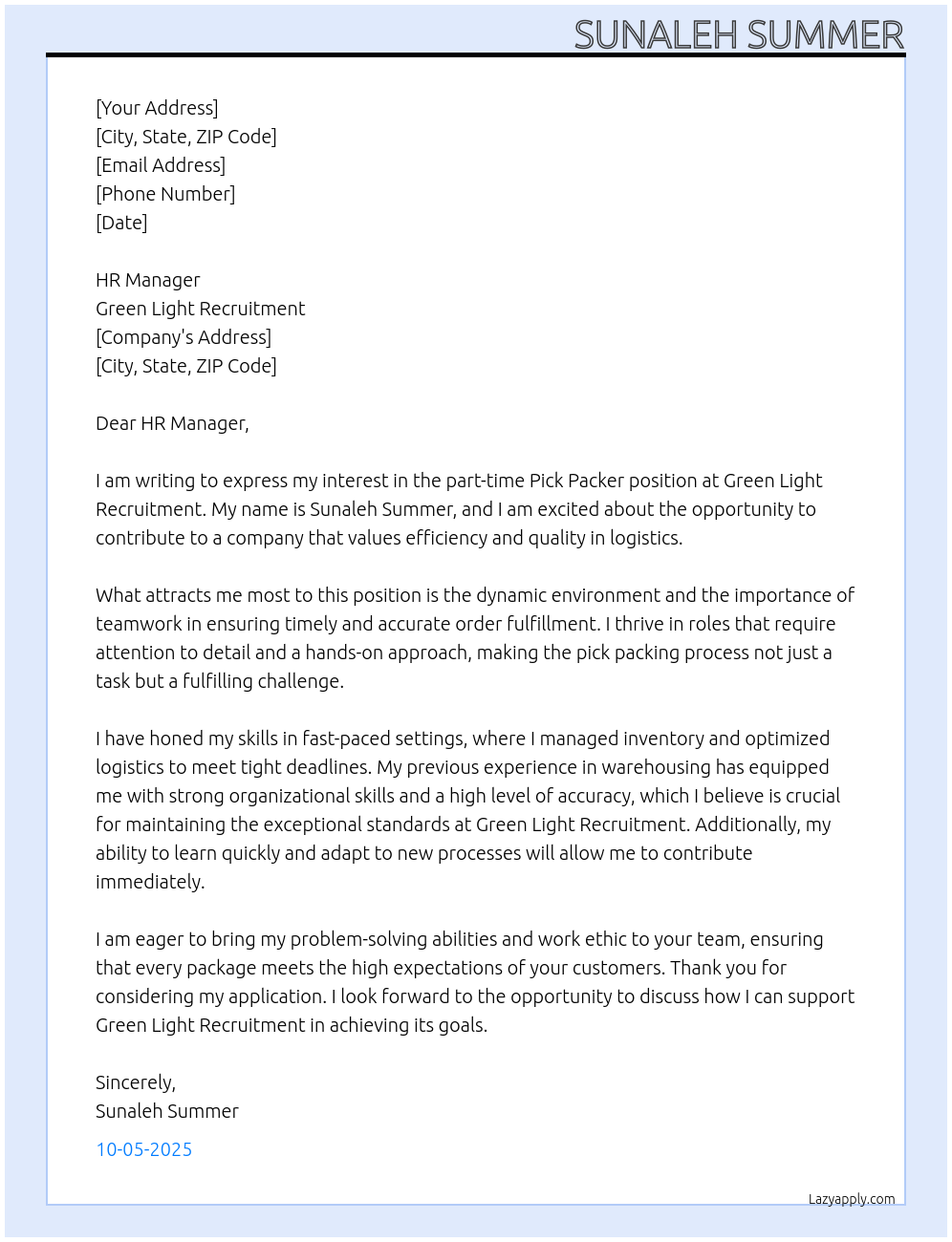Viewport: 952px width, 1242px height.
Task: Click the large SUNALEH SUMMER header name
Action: (738, 34)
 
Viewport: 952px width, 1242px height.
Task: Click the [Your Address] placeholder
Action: (157, 108)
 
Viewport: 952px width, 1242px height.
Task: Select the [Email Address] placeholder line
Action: (161, 165)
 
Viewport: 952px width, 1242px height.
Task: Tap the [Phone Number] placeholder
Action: (165, 194)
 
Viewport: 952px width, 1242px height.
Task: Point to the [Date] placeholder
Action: (121, 223)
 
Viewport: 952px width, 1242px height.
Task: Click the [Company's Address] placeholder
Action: (184, 337)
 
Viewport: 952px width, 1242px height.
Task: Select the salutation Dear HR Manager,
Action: (172, 423)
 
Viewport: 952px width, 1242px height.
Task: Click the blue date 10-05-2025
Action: (143, 1149)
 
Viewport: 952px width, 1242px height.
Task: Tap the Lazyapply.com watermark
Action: (852, 1199)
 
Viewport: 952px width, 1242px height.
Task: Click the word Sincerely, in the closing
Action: (136, 1082)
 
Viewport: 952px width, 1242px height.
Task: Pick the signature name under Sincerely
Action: (167, 1111)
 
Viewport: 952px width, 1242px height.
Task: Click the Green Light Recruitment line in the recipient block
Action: (200, 309)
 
